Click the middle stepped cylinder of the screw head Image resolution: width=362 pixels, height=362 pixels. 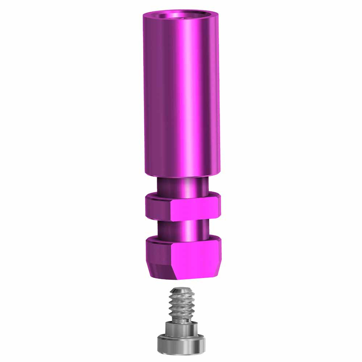pyautogui.click(x=181, y=330)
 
